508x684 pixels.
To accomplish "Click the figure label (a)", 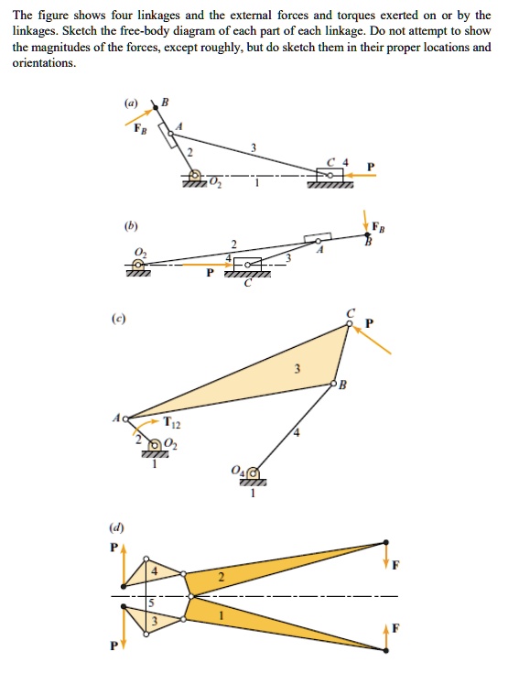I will pyautogui.click(x=133, y=104).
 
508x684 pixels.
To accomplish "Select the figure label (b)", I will pyautogui.click(x=133, y=222).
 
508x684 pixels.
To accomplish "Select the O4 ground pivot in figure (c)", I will pyautogui.click(x=254, y=473).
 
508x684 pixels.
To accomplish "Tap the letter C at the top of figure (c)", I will pyautogui.click(x=350, y=313).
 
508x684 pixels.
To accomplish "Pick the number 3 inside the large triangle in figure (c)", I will pyautogui.click(x=296, y=368).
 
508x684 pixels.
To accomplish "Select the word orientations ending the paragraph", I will pyautogui.click(x=43, y=63).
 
